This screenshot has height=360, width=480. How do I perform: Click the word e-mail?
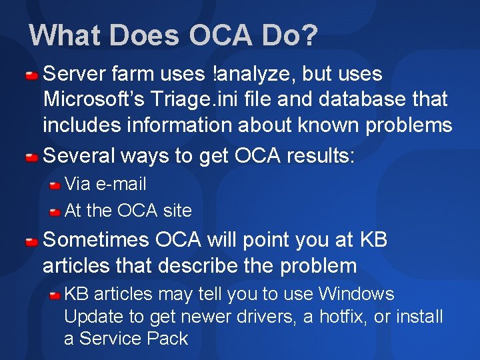pyautogui.click(x=121, y=183)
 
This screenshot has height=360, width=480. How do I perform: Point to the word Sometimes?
pyautogui.click(x=96, y=239)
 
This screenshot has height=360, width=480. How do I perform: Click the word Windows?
pyautogui.click(x=356, y=294)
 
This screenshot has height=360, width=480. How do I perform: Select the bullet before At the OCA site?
pyautogui.click(x=55, y=211)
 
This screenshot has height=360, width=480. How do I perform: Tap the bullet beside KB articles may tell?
pyautogui.click(x=55, y=295)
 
